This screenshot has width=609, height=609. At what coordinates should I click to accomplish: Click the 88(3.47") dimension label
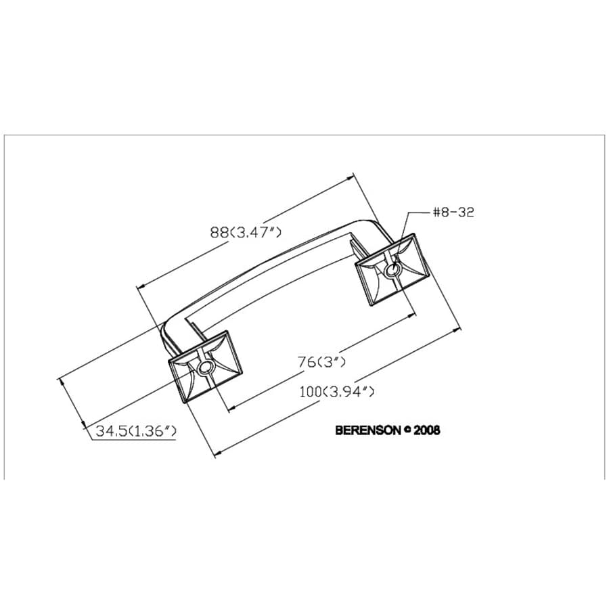[245, 232]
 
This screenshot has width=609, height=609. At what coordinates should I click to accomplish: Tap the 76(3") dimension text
[322, 362]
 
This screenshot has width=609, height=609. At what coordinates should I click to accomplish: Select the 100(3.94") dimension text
[336, 391]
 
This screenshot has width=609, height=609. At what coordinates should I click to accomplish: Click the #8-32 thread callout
[453, 212]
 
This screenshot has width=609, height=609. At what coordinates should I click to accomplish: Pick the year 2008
[426, 430]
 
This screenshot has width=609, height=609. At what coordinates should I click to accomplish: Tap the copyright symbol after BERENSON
[407, 430]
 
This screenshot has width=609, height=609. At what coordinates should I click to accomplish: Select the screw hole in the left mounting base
[204, 367]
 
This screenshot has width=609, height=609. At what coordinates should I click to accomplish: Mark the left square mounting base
[204, 366]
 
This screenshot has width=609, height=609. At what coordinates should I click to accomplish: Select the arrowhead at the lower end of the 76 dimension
[231, 408]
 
